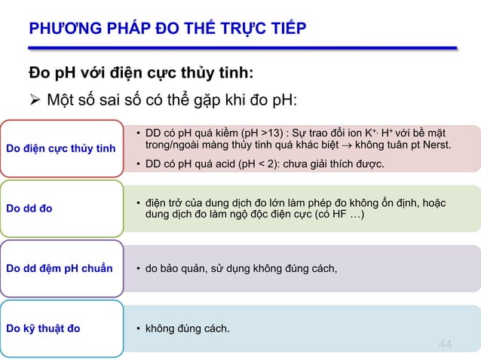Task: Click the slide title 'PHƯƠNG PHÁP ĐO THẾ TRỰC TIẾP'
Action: click(167, 29)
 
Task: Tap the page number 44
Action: click(446, 344)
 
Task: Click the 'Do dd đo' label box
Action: click(61, 208)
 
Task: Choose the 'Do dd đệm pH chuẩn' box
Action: click(61, 268)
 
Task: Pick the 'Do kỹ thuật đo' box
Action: click(61, 328)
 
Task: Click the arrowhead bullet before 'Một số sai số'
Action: click(34, 100)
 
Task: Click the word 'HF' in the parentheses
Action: click(337, 215)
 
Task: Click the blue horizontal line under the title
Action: click(242, 47)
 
